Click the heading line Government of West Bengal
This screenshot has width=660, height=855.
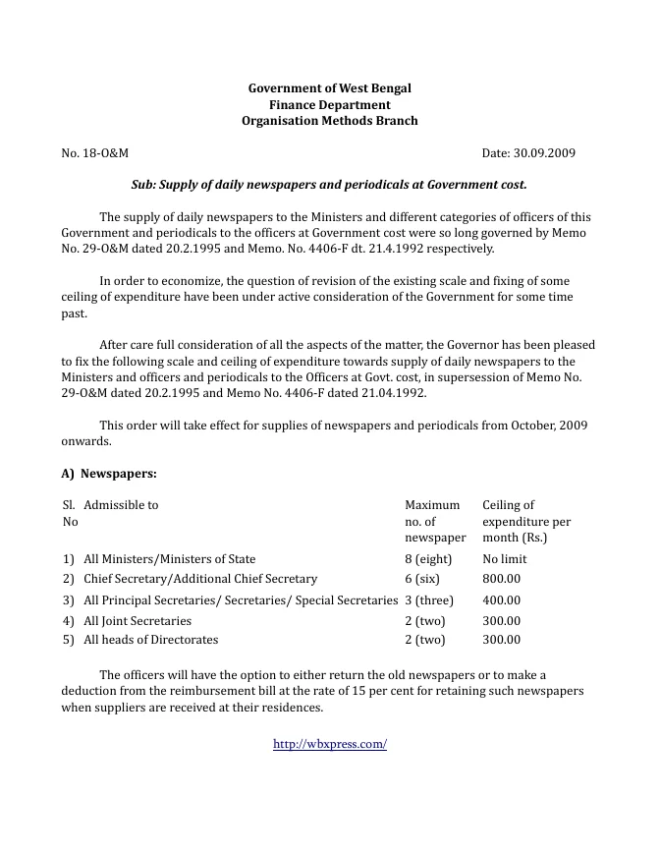(329, 88)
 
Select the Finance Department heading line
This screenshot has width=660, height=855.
(329, 105)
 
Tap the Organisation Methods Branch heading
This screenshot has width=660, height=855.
(329, 121)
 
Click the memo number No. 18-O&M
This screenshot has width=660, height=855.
(95, 153)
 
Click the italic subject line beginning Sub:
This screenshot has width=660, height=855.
(329, 184)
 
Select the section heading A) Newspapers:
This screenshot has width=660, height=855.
(109, 474)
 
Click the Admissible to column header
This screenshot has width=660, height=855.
(121, 505)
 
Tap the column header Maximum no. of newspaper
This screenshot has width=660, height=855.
(434, 521)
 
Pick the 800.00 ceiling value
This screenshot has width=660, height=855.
(501, 580)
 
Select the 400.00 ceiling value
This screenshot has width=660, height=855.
(501, 600)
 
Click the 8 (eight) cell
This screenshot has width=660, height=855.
(427, 559)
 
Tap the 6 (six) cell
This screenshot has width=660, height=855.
(422, 580)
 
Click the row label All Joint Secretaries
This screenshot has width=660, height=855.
(137, 621)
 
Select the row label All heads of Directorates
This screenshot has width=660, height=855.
(151, 640)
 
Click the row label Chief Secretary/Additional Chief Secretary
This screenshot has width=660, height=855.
(200, 580)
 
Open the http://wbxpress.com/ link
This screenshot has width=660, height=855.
(329, 745)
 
